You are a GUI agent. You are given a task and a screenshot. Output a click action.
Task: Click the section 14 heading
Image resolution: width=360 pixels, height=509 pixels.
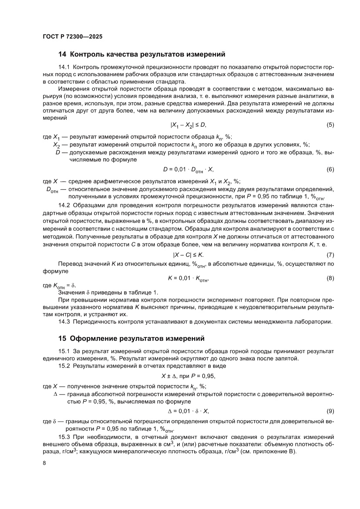pos(141,55)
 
